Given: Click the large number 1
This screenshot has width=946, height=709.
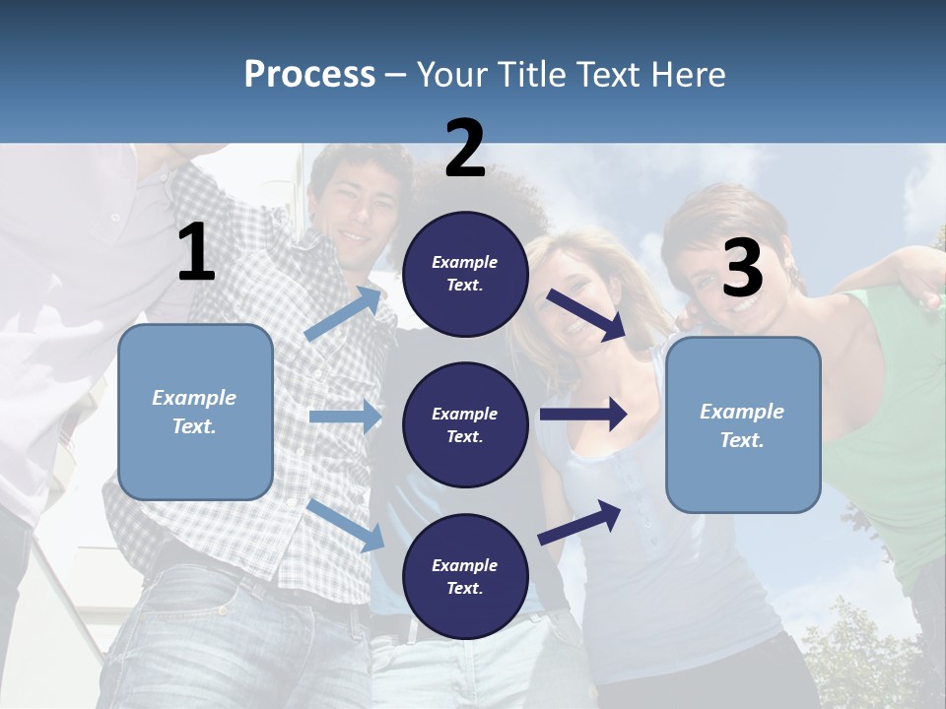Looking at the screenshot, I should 196,253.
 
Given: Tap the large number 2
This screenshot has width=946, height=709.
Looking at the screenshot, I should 465,149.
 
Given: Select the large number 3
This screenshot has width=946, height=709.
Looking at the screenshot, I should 742,268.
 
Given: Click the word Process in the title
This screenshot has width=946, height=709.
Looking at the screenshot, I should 309,74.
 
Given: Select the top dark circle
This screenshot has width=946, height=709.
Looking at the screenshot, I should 465,274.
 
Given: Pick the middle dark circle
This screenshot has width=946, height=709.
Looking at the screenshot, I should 465,424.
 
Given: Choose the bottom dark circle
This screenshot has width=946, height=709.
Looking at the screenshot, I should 465,576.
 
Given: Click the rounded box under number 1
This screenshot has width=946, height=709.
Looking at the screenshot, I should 195,412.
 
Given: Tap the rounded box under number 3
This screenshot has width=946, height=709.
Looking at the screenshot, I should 743,425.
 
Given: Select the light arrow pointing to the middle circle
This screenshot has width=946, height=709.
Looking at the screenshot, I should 345,417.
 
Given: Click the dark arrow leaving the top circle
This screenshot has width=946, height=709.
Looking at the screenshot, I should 587,313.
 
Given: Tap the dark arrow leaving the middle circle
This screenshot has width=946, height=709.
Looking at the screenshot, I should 583,414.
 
